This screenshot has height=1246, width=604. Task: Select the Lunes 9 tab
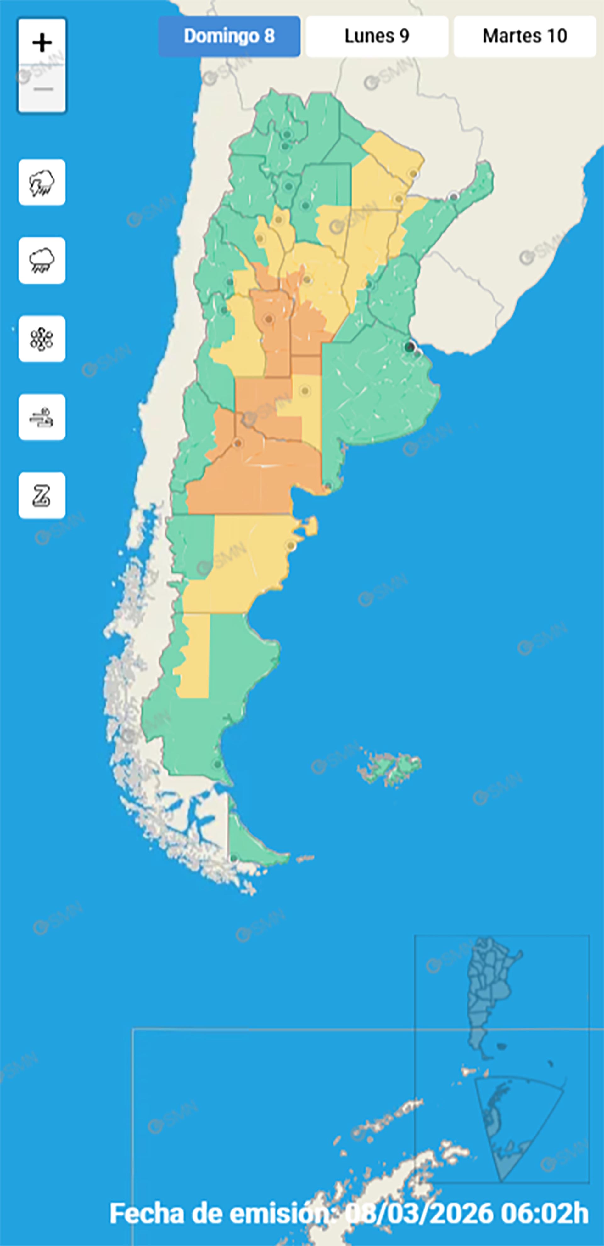377,36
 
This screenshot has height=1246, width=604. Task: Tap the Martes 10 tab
525,36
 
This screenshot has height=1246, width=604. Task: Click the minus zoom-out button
42,89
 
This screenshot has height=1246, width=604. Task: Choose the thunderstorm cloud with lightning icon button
42,182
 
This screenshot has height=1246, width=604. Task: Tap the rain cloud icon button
42,261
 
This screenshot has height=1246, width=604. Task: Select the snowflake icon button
42,339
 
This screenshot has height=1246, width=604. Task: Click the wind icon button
42,417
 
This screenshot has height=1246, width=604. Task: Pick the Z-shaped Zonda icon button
42,495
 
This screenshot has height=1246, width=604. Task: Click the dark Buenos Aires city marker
410,346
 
